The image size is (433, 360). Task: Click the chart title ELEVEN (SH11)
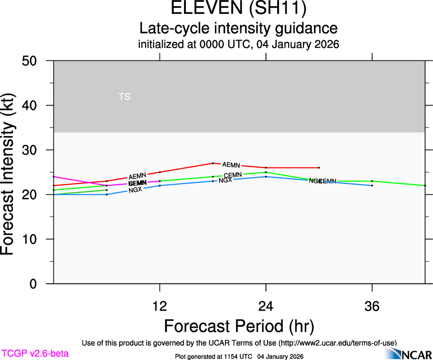coord(238,9)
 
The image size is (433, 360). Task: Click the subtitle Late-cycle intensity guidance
coord(238,28)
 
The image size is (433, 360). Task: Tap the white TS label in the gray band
coord(125,97)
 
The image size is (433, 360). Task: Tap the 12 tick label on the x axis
coord(160,306)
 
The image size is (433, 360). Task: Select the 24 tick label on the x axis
coord(266,306)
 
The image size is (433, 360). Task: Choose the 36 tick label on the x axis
coord(372,306)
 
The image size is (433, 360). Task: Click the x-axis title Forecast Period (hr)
coord(239,326)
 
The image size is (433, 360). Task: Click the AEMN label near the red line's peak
coord(231,165)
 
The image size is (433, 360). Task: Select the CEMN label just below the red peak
coord(233,175)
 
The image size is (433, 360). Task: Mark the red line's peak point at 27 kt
coord(213,163)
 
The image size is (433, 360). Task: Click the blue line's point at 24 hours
coord(266,177)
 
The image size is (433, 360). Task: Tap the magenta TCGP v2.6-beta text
coord(35,354)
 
